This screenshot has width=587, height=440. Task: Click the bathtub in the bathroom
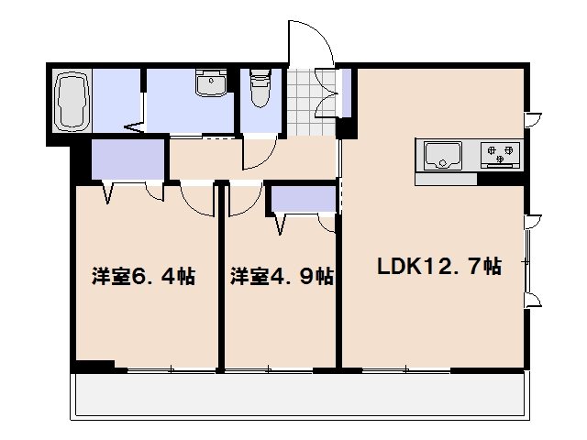click(72, 101)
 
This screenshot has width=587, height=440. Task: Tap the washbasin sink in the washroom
click(211, 82)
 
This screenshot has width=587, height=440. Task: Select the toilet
click(260, 88)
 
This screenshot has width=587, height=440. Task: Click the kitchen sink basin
click(443, 156)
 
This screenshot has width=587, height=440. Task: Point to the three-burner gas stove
click(500, 154)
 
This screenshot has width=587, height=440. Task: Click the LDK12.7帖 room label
click(439, 267)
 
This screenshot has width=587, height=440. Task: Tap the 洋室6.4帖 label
click(143, 277)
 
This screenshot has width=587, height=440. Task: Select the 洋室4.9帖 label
click(282, 277)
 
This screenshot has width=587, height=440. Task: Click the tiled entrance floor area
click(311, 102)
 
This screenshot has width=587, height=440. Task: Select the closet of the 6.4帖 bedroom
click(128, 159)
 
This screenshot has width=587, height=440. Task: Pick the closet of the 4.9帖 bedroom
click(304, 199)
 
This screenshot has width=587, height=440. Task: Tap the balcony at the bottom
click(300, 396)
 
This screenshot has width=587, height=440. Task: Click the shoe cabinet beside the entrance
click(347, 93)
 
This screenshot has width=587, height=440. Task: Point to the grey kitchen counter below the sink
click(446, 179)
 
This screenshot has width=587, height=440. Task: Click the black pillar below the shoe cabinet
click(347, 128)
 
